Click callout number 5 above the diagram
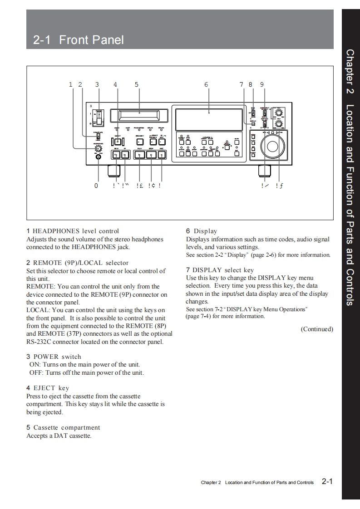coord(137,84)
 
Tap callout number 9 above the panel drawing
coord(262,84)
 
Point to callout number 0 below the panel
coord(96,186)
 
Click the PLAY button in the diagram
coord(140,155)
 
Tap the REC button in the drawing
coord(161,155)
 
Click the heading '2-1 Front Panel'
coord(78,40)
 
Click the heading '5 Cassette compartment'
coord(63,427)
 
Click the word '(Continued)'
coord(317,329)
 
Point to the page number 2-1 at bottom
coord(327,481)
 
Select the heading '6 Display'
coord(202,231)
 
